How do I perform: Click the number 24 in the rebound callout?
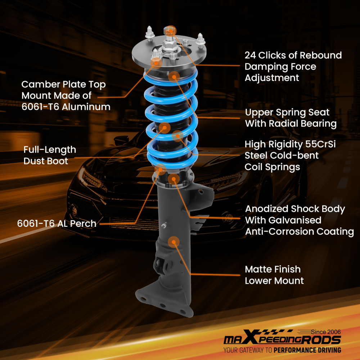(x=250, y=55)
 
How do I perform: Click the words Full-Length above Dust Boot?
(x=50, y=150)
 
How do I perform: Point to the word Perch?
(x=83, y=224)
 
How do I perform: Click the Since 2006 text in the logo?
(x=326, y=332)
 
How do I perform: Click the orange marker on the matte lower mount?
(x=174, y=242)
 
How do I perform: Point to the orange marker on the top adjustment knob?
(x=170, y=31)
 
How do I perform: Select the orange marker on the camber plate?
(x=156, y=63)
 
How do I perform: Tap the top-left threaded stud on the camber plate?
(x=149, y=33)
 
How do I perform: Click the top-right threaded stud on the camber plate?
(x=200, y=39)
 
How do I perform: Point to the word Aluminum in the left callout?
(x=86, y=107)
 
